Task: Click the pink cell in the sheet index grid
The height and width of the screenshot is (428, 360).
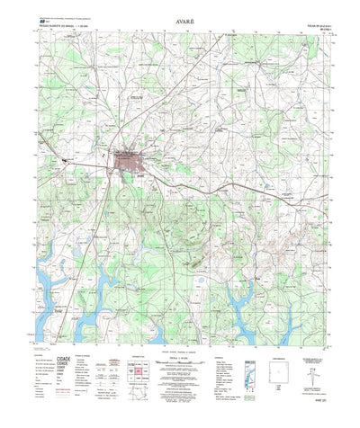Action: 140,371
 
